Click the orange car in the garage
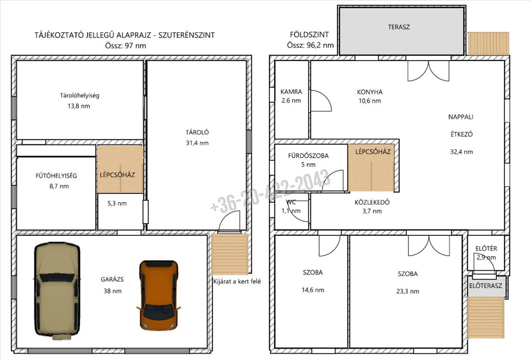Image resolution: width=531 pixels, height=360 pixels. pyautogui.click(x=158, y=295)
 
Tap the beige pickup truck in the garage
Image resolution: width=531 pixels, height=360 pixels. pyautogui.click(x=57, y=291)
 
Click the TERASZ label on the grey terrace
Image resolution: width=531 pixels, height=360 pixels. pyautogui.click(x=399, y=27)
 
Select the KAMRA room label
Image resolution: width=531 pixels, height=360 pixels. pyautogui.click(x=291, y=92)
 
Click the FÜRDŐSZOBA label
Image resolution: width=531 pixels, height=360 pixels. pyautogui.click(x=308, y=156)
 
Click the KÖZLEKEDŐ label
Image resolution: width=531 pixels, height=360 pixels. pyautogui.click(x=372, y=202)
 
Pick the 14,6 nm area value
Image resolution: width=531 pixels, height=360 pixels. pyautogui.click(x=313, y=290)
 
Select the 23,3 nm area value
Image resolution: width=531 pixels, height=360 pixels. pyautogui.click(x=408, y=291)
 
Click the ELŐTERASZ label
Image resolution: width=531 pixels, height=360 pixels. pyautogui.click(x=485, y=286)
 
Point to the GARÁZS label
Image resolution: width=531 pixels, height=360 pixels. pyautogui.click(x=112, y=280)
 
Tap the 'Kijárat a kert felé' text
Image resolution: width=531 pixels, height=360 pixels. pyautogui.click(x=237, y=282)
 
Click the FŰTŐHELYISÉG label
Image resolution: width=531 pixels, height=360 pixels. pyautogui.click(x=57, y=176)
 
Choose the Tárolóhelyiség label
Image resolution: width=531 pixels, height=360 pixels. pyautogui.click(x=79, y=96)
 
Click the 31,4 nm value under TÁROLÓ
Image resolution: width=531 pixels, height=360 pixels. pyautogui.click(x=197, y=143)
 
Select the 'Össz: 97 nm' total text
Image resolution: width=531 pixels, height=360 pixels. pyautogui.click(x=125, y=46)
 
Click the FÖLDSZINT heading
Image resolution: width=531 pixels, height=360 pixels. pyautogui.click(x=309, y=34)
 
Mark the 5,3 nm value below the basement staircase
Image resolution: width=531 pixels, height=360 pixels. pyautogui.click(x=117, y=203)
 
